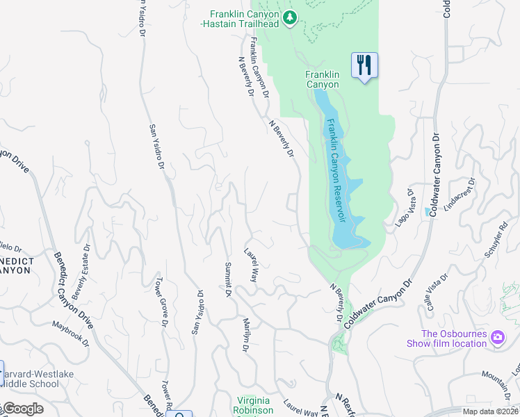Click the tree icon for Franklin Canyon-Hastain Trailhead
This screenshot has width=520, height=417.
pos(291,17)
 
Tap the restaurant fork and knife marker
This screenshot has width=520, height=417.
pos(364,65)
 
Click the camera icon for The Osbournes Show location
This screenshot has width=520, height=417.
pos(498,338)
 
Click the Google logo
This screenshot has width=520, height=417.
pos(23,409)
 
